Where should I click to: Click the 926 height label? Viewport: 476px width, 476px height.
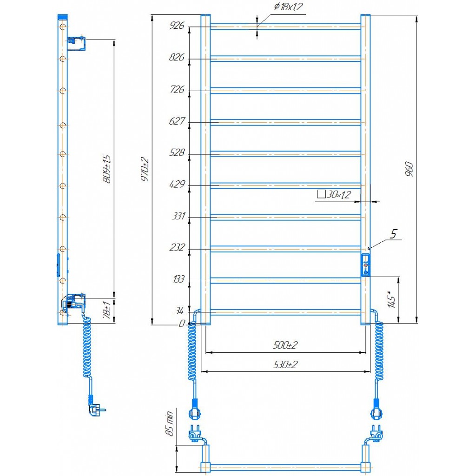point(177,25)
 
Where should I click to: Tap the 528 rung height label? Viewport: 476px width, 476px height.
point(177,152)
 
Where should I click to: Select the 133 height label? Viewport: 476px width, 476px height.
point(178,279)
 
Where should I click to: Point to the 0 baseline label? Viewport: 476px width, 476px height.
point(182,324)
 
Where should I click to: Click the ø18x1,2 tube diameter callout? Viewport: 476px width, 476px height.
point(288,7)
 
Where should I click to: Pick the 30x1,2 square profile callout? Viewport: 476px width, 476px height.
point(334,194)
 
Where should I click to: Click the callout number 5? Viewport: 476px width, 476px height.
point(393,234)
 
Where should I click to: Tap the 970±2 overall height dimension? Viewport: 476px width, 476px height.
point(145,169)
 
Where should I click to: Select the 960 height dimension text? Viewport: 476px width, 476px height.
point(409,169)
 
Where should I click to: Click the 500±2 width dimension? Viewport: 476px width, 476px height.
point(285,345)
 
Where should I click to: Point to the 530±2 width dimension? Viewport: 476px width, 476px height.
point(285,364)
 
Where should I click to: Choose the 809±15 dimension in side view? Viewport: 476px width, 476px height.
point(106,168)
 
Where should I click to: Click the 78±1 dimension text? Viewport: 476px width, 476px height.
point(107,310)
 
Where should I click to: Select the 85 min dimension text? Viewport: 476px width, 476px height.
point(170,423)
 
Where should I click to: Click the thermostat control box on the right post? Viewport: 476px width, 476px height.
point(365,265)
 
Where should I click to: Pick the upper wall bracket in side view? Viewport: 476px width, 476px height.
point(76,43)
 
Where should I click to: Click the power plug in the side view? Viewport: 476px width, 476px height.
point(97,409)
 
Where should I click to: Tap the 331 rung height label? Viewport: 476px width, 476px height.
point(178,216)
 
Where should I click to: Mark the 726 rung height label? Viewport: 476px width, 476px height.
point(177,89)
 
